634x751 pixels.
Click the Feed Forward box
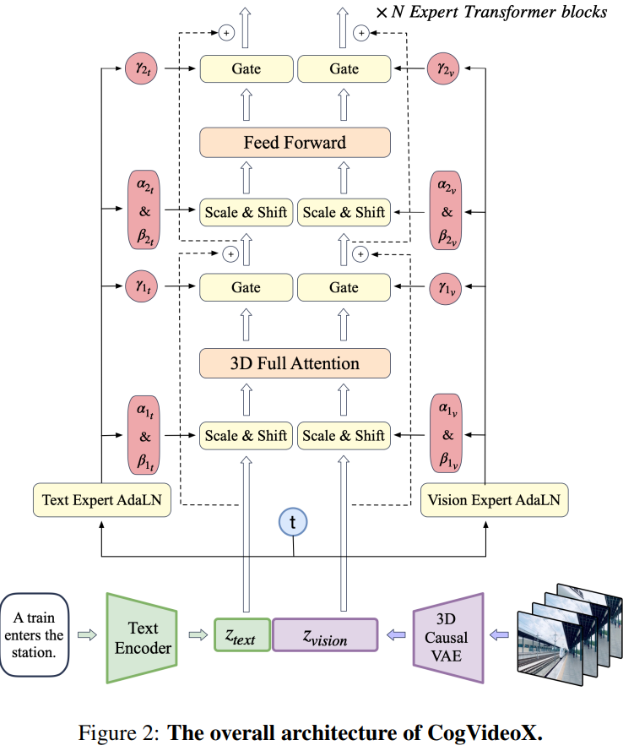295,142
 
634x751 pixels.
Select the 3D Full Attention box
295,364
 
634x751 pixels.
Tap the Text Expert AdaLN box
101,500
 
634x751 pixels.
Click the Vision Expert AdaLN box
494,500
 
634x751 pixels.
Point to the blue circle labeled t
293,523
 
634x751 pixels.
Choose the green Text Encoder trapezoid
142,638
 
